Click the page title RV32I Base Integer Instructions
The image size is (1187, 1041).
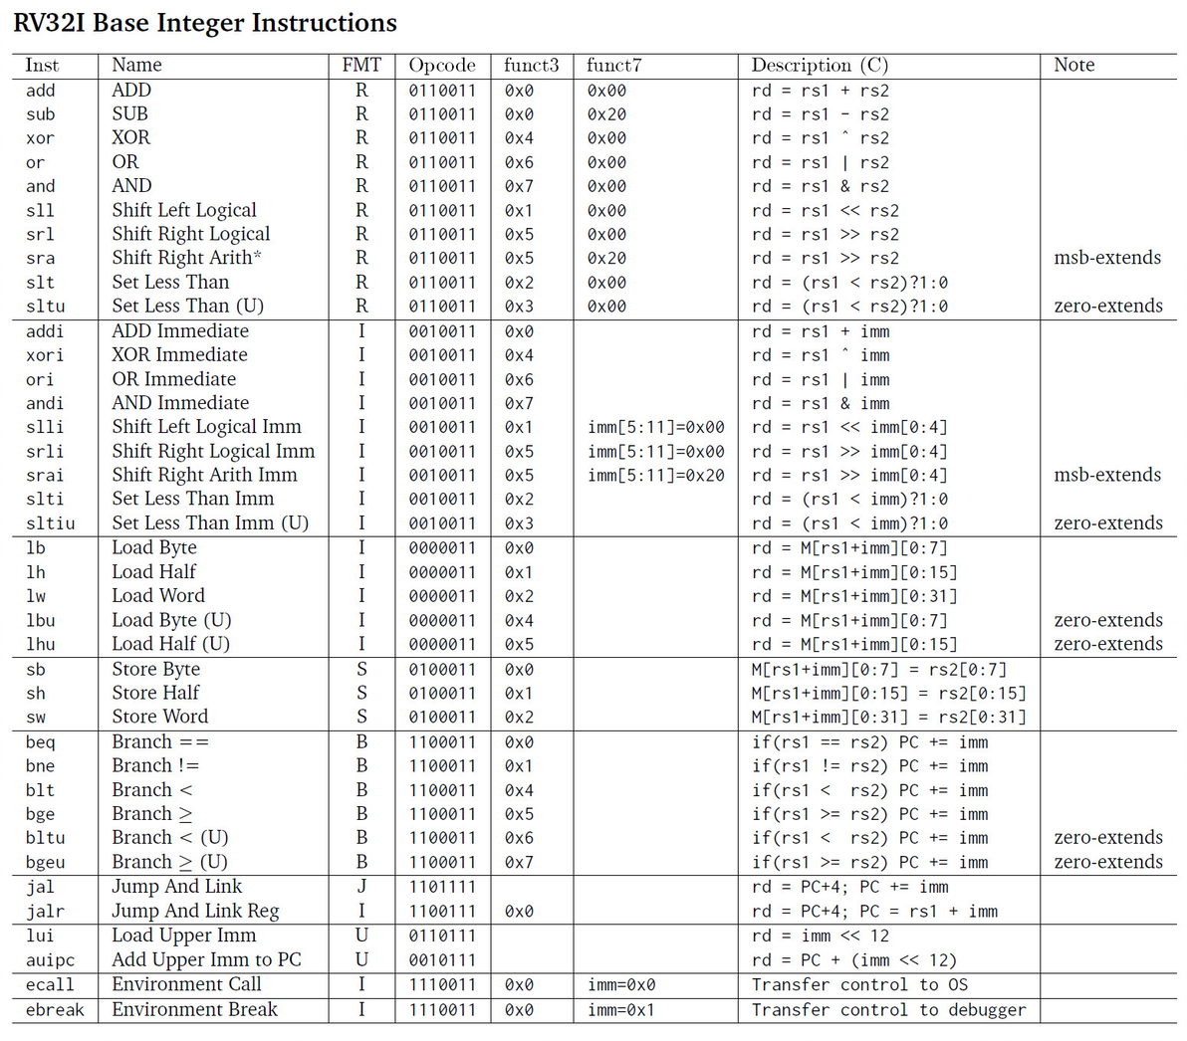pyautogui.click(x=205, y=23)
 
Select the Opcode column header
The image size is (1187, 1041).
pyautogui.click(x=442, y=65)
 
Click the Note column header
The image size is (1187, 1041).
pyautogui.click(x=1073, y=65)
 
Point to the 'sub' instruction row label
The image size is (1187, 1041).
pyautogui.click(x=41, y=114)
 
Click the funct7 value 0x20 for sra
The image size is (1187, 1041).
pyautogui.click(x=606, y=259)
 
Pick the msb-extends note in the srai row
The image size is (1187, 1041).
pyautogui.click(x=1107, y=475)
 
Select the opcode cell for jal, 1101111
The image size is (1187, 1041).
pyautogui.click(x=442, y=887)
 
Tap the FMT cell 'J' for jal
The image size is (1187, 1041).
pyautogui.click(x=361, y=886)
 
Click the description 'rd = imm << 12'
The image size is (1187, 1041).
pyautogui.click(x=821, y=936)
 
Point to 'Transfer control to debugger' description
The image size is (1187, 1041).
pyautogui.click(x=888, y=1010)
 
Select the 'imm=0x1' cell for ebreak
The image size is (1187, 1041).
pyautogui.click(x=621, y=1010)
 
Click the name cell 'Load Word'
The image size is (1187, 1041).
pyautogui.click(x=158, y=595)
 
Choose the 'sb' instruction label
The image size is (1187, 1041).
pyautogui.click(x=36, y=670)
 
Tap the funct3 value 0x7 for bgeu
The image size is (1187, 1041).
pyautogui.click(x=519, y=863)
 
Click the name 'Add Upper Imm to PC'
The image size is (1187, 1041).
pyautogui.click(x=206, y=959)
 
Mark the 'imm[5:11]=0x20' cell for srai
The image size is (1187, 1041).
pyautogui.click(x=656, y=476)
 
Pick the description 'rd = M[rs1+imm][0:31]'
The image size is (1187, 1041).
pyautogui.click(x=854, y=596)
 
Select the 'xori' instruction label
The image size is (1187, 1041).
pyautogui.click(x=45, y=355)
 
